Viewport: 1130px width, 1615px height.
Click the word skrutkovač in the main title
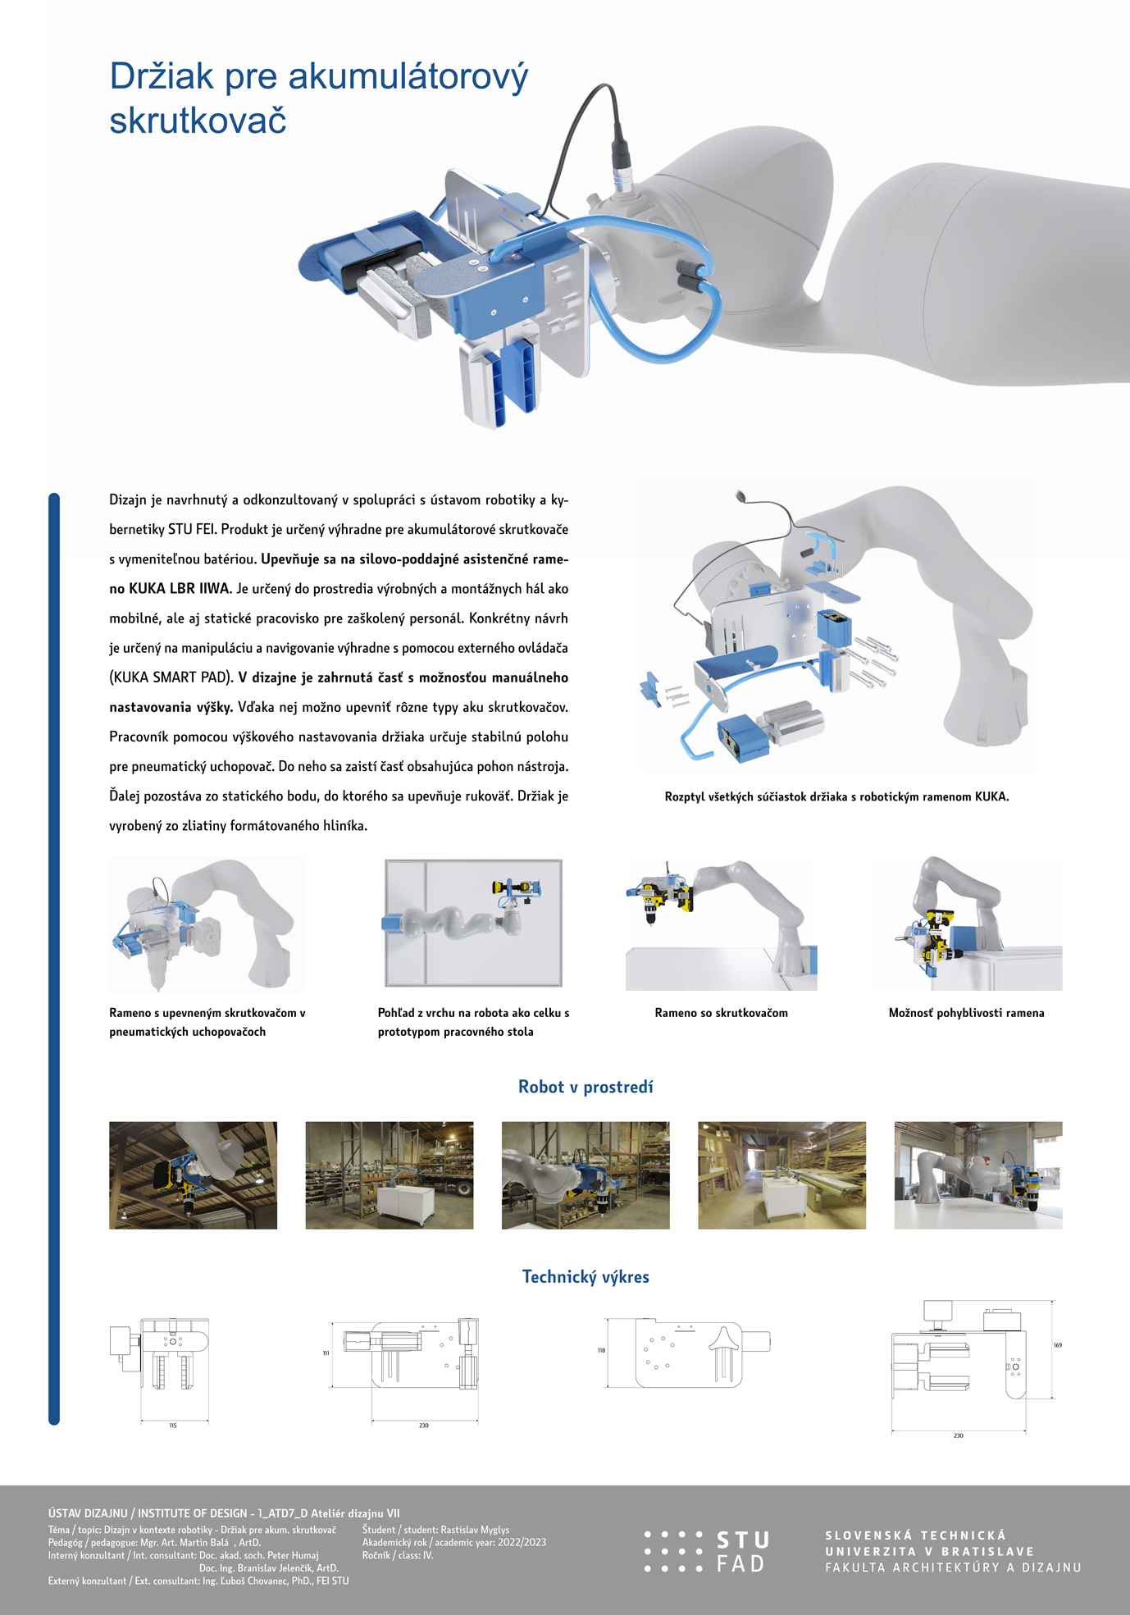(x=198, y=120)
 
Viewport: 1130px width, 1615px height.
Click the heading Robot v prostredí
(x=586, y=1087)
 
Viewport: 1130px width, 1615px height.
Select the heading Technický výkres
(x=586, y=1276)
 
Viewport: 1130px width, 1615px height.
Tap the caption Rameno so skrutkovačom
(x=721, y=1013)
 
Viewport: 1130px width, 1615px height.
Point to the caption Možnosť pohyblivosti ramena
(x=966, y=1013)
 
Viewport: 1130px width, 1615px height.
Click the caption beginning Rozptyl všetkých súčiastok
(x=836, y=796)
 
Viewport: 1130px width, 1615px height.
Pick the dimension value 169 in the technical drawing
(x=1057, y=1345)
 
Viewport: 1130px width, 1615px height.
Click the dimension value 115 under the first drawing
(x=173, y=1426)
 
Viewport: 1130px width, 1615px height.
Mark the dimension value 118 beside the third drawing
(x=601, y=1350)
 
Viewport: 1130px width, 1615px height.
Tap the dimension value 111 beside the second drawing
(x=326, y=1353)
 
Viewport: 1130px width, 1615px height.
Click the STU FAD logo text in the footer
(x=741, y=1552)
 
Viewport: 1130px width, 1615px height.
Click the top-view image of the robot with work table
(x=474, y=923)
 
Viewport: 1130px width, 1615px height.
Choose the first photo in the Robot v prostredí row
(x=193, y=1175)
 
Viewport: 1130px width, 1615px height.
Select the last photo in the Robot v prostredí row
(x=977, y=1175)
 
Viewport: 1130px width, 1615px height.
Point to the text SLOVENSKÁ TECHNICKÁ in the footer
(x=915, y=1535)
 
